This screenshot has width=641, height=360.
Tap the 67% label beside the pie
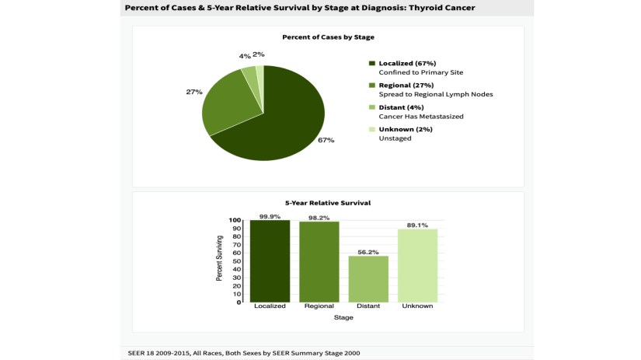(x=326, y=140)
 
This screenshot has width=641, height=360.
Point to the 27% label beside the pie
(x=193, y=92)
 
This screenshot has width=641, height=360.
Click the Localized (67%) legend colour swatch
(x=372, y=63)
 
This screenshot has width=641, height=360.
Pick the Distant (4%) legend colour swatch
(x=372, y=107)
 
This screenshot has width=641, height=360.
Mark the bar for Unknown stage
(x=417, y=265)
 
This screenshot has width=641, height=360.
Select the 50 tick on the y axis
(x=240, y=261)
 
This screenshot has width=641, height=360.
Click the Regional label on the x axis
(x=319, y=306)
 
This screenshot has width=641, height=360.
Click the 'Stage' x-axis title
(x=343, y=317)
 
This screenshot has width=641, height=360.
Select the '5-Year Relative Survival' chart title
(x=327, y=203)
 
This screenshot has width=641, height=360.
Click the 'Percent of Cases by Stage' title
(x=327, y=37)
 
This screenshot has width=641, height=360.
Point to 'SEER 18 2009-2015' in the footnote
(x=159, y=353)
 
